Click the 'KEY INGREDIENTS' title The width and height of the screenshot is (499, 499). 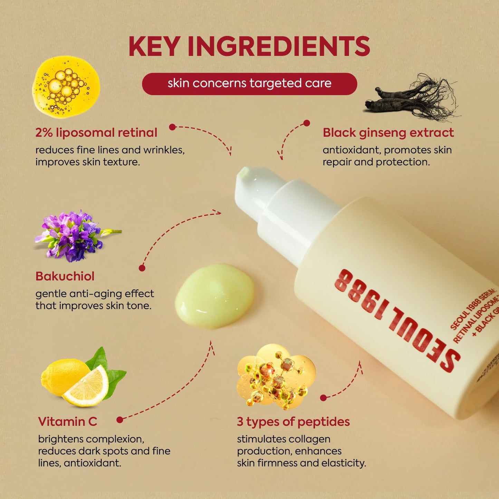pyautogui.click(x=249, y=46)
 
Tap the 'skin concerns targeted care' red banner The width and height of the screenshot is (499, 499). pyautogui.click(x=249, y=84)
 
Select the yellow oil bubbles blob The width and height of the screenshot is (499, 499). pyautogui.click(x=66, y=86)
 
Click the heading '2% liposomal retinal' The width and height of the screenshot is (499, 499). pyautogui.click(x=96, y=133)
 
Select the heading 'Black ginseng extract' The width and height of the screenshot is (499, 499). pyautogui.click(x=388, y=133)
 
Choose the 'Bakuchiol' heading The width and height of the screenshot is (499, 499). pyautogui.click(x=65, y=276)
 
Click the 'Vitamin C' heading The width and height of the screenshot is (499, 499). pyautogui.click(x=68, y=422)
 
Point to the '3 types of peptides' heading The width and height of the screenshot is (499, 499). pyautogui.click(x=293, y=422)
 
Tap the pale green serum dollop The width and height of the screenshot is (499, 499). pyautogui.click(x=215, y=295)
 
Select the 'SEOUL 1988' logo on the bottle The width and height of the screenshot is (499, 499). pyautogui.click(x=397, y=319)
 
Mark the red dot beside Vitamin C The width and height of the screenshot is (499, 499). pyautogui.click(x=120, y=420)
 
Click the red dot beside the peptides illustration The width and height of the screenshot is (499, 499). pyautogui.click(x=323, y=398)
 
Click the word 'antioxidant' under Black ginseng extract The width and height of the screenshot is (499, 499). pyautogui.click(x=351, y=150)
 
